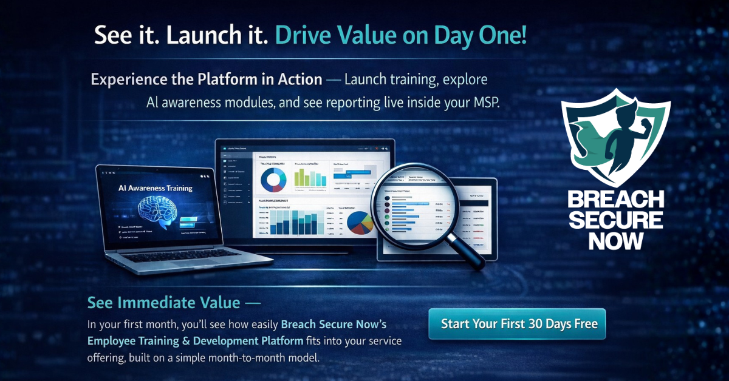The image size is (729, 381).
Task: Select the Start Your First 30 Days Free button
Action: (516, 323)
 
